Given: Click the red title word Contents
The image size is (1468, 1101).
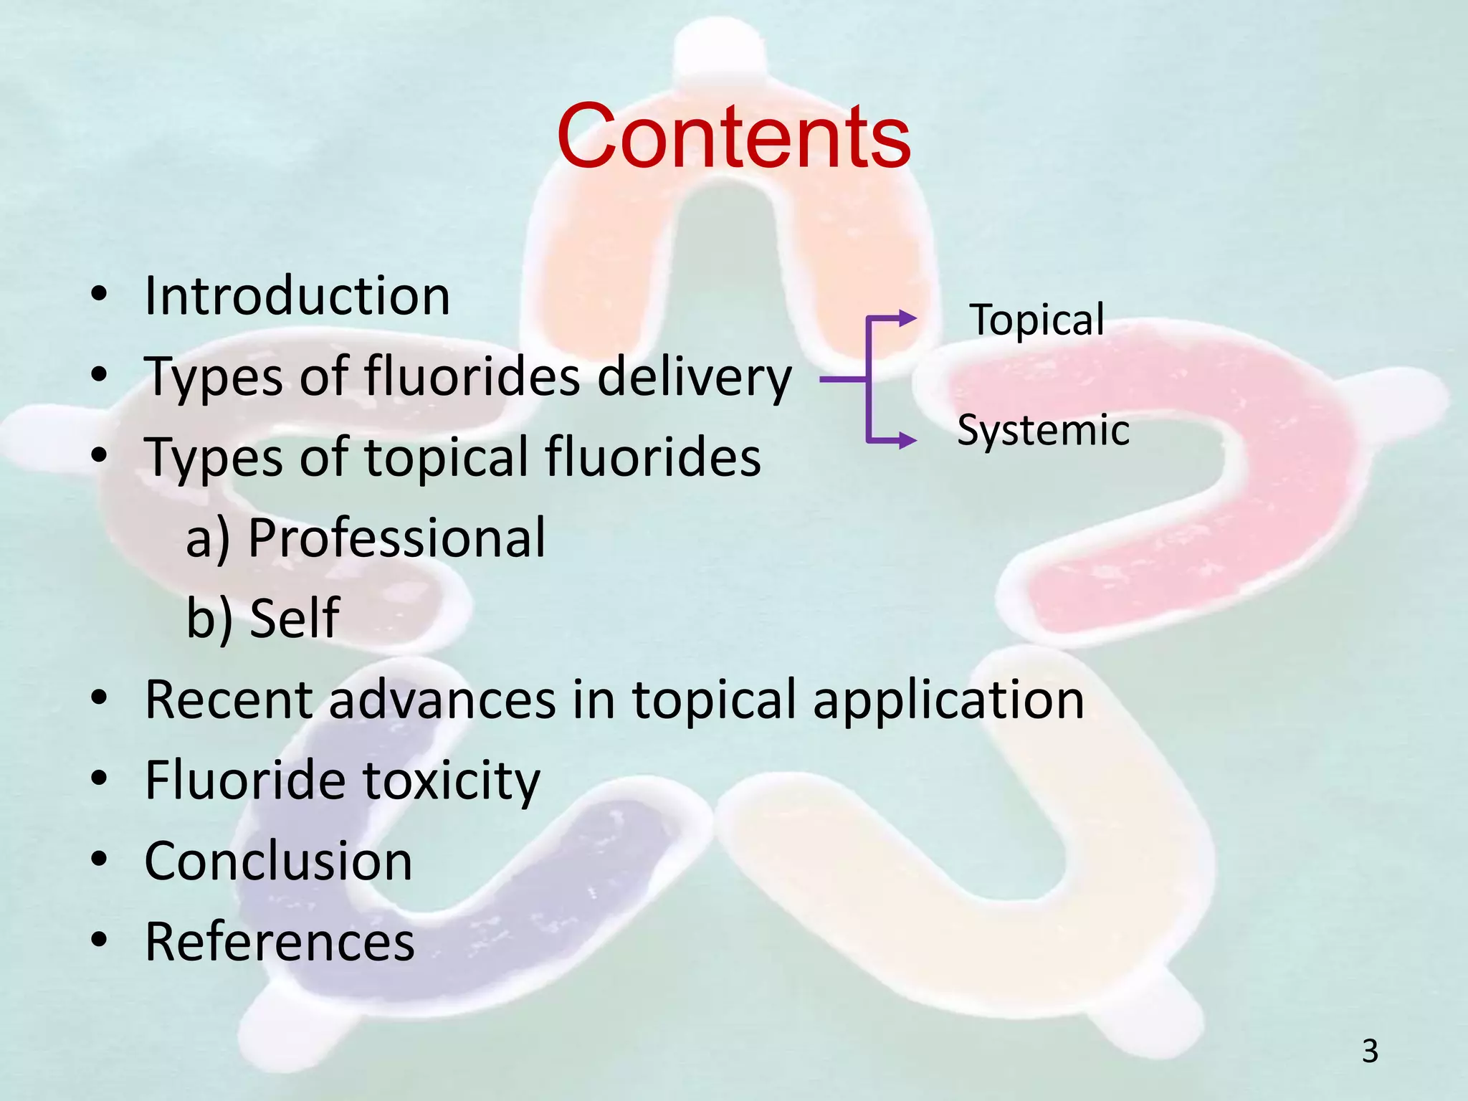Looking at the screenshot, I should click(733, 136).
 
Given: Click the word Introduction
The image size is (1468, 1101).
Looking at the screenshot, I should click(297, 296).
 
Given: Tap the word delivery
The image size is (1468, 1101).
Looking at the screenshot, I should click(694, 377).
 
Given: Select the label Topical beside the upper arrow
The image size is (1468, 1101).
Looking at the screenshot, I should click(1036, 320).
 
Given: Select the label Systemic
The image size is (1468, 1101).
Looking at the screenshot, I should click(1043, 430).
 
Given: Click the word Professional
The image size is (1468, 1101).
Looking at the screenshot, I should click(396, 538).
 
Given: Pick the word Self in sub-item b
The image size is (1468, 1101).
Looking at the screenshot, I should click(294, 618).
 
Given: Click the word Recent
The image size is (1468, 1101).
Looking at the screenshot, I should click(228, 699).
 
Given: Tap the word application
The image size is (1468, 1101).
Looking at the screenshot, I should click(948, 700).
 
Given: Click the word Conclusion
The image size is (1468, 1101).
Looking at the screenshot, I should click(278, 861).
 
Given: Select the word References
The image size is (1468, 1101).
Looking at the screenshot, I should click(280, 941).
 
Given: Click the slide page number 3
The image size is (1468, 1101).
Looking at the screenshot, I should click(1370, 1052).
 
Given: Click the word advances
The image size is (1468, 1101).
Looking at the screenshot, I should click(442, 699).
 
